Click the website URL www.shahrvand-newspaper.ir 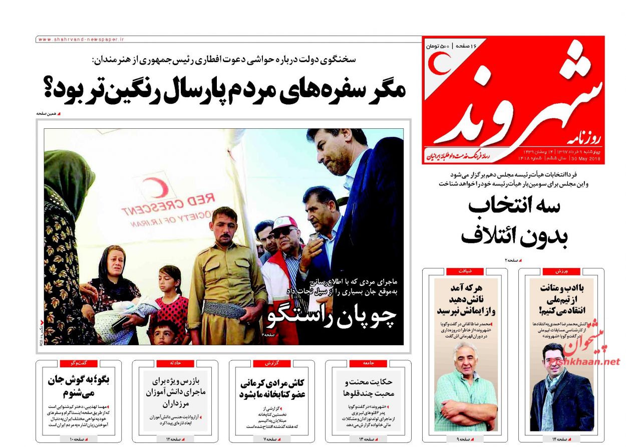point(81,39)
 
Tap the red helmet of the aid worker point(284,221)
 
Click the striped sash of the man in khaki point(225,308)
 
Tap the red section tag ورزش point(561,271)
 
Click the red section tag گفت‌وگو point(78,363)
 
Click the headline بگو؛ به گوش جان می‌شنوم point(78,386)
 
